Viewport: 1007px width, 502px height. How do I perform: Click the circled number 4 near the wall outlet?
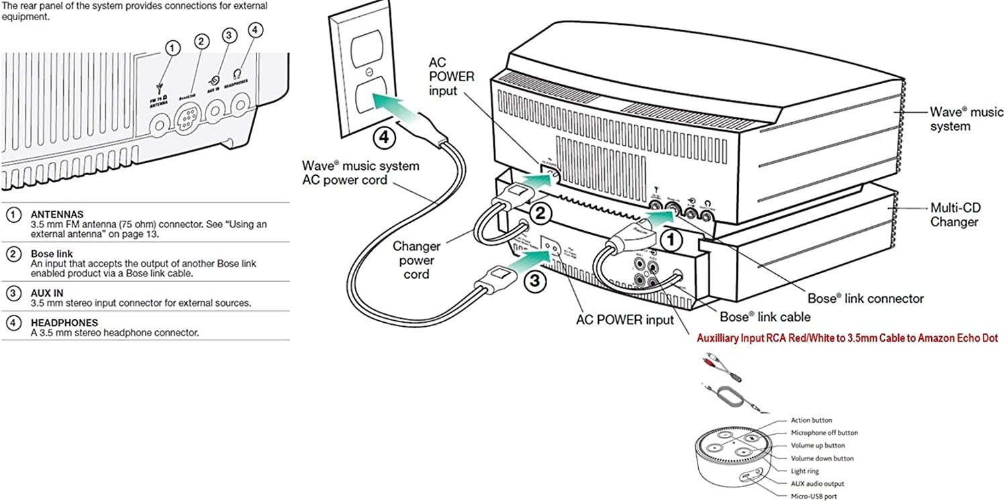pos(384,136)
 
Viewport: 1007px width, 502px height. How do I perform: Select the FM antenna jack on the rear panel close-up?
pos(160,124)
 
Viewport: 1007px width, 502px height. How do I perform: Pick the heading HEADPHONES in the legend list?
pos(64,322)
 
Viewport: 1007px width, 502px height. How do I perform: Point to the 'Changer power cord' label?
pos(416,260)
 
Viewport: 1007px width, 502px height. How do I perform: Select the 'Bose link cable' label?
pos(765,317)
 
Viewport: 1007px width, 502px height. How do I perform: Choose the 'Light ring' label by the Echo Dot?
pos(805,471)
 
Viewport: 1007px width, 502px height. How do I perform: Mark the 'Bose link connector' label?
pos(865,298)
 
